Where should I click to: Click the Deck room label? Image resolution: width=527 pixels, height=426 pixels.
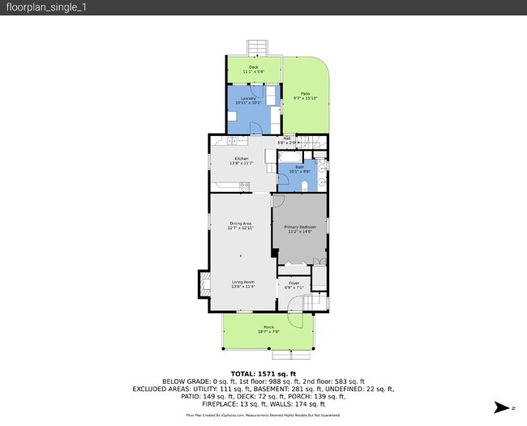pyautogui.click(x=254, y=69)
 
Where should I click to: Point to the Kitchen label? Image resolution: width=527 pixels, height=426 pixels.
pyautogui.click(x=242, y=160)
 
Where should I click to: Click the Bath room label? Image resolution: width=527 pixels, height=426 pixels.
pyautogui.click(x=299, y=169)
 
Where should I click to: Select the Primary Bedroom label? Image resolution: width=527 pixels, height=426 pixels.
pyautogui.click(x=300, y=229)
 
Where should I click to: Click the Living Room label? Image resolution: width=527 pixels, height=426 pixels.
pyautogui.click(x=243, y=284)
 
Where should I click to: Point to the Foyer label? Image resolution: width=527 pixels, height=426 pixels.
pyautogui.click(x=294, y=285)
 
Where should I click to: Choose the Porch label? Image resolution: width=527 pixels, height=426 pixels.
pyautogui.click(x=268, y=329)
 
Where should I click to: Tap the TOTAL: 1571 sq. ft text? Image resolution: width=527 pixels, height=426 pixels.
pyautogui.click(x=263, y=373)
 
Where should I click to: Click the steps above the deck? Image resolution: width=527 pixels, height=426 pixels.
pyautogui.click(x=257, y=46)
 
